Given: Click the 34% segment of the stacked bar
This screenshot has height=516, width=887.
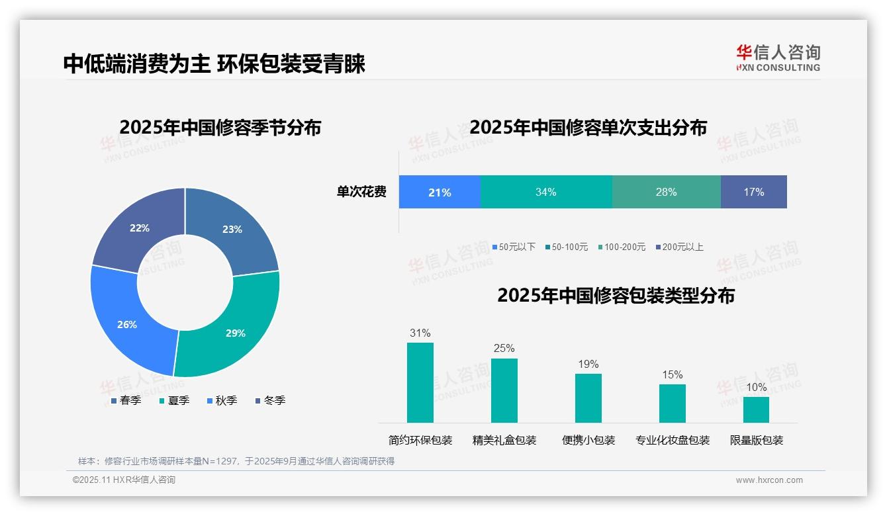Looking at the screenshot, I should click(545, 192).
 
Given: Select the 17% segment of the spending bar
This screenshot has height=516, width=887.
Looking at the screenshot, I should click(753, 192).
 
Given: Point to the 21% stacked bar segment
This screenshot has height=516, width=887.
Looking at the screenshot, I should click(439, 192).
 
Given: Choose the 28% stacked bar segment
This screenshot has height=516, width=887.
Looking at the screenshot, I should click(666, 192).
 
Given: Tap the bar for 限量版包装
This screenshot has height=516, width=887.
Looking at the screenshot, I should click(756, 409).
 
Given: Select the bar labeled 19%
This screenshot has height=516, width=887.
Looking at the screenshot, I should click(588, 398).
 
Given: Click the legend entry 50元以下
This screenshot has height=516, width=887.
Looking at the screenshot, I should click(514, 247).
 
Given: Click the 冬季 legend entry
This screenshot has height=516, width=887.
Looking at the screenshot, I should click(270, 400).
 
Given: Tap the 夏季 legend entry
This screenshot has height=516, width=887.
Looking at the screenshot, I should click(174, 400).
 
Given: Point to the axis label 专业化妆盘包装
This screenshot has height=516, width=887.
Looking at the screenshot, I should click(672, 440).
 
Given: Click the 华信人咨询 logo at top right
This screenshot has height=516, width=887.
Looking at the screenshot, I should click(778, 58).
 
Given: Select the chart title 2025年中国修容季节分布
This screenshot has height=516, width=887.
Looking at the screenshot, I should click(220, 127).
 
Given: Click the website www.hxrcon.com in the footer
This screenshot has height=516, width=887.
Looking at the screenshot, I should click(769, 480).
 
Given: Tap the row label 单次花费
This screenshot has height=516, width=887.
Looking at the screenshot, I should click(361, 192).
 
